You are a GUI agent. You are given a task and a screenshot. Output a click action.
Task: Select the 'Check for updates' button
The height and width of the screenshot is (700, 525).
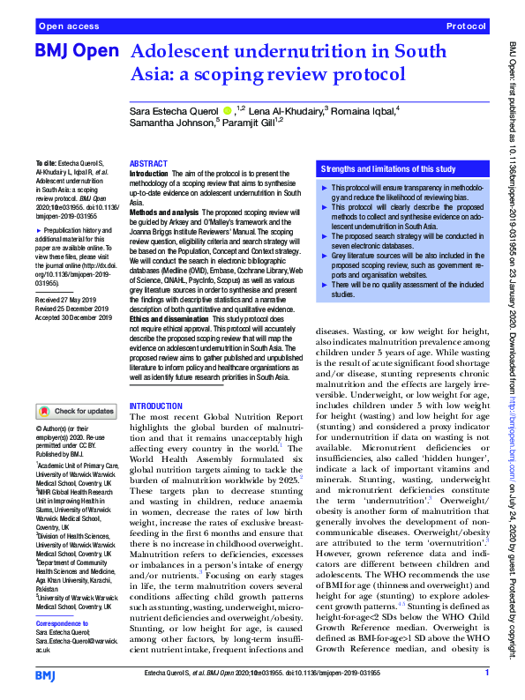coord(76,410)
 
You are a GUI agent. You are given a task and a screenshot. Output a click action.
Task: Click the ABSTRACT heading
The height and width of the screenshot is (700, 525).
coord(147,164)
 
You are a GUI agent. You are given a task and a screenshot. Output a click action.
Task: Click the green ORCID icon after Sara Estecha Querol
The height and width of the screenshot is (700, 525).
coord(228,110)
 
